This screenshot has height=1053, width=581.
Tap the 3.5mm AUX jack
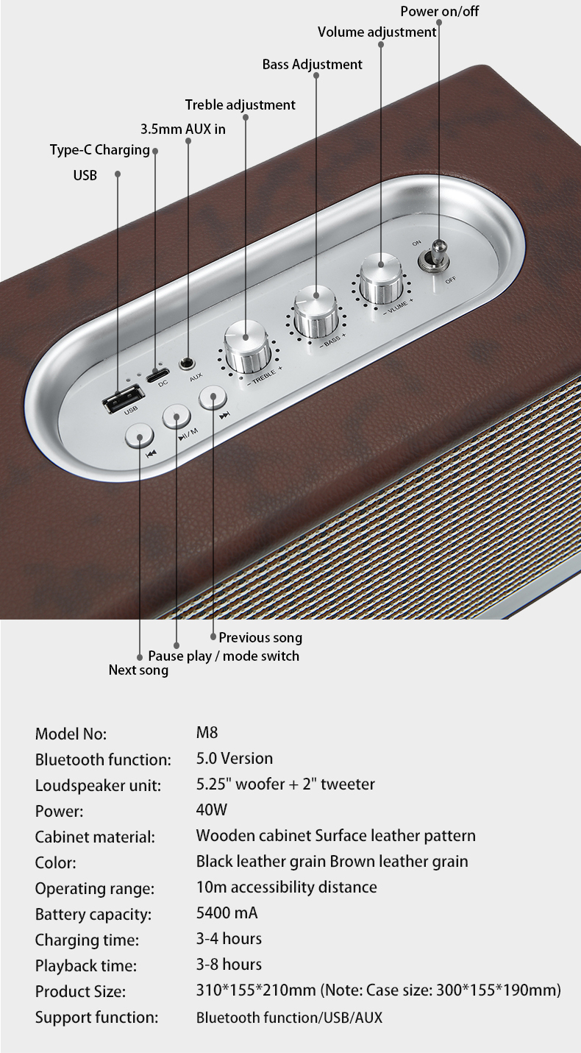[188, 364]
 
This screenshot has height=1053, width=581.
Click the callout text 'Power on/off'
[440, 12]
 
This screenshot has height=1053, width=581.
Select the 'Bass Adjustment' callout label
[313, 65]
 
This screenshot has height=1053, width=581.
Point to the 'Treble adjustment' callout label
[240, 105]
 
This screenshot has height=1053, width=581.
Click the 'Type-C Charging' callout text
[100, 150]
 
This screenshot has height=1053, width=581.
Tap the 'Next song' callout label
[138, 670]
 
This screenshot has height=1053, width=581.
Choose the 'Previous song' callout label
[260, 637]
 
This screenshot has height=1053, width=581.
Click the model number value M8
[207, 733]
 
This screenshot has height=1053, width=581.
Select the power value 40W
[212, 810]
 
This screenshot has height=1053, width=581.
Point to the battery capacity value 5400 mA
[227, 913]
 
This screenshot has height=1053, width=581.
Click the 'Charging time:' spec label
[87, 940]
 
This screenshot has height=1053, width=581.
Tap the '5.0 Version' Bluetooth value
[235, 759]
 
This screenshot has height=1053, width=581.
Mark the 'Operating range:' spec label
[95, 888]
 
